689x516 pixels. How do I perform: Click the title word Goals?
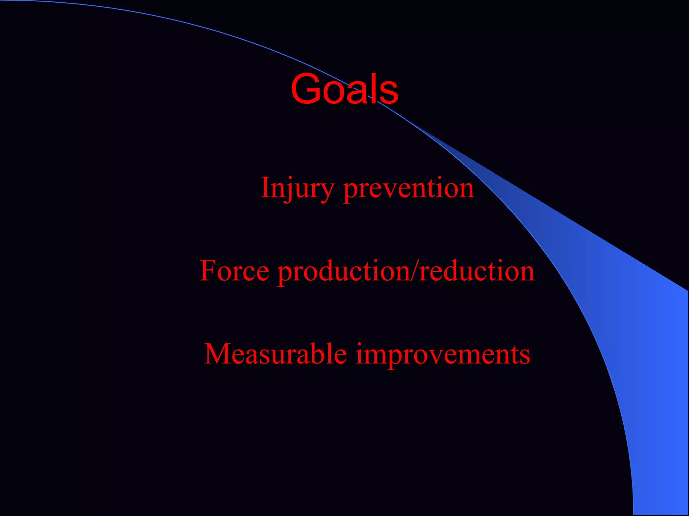tap(344, 89)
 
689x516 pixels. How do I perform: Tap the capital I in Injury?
tap(266, 187)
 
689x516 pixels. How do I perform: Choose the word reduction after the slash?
tap(477, 271)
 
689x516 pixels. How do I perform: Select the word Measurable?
tap(276, 354)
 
